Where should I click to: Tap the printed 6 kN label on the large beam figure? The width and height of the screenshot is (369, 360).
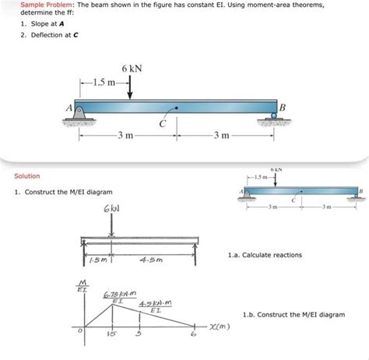[131, 69]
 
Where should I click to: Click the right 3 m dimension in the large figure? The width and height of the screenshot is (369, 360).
[226, 137]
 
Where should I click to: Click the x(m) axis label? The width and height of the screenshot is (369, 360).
[221, 327]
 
